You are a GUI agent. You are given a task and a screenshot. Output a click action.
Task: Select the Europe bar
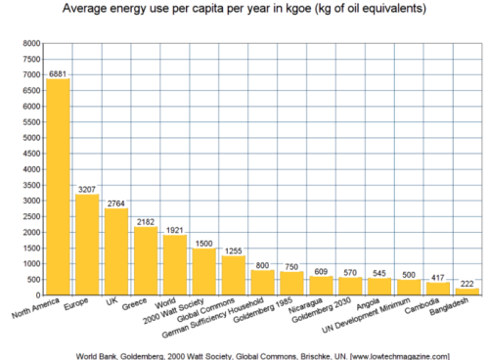87,245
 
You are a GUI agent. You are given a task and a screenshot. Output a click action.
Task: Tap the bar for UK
116,251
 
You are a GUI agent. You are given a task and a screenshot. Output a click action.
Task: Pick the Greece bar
146,260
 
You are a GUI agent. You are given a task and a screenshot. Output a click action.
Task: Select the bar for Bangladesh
467,292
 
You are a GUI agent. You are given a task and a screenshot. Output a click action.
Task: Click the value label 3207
87,188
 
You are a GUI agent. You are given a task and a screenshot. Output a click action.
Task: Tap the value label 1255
233,249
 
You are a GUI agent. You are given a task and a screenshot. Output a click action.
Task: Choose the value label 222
467,282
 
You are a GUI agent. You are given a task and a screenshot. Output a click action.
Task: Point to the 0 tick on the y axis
37,295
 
